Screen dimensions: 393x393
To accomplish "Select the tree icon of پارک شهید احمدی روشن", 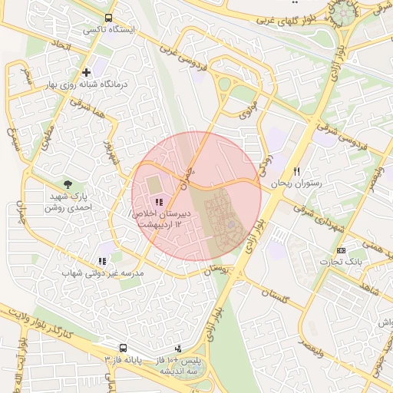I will pyautogui.click(x=68, y=184).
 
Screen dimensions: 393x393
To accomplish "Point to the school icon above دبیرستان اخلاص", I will pyautogui.click(x=158, y=201).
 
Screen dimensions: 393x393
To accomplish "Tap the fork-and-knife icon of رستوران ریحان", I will pyautogui.click(x=296, y=172).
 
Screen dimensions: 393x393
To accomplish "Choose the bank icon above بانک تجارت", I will pyautogui.click(x=342, y=250).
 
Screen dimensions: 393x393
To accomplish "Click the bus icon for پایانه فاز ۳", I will pyautogui.click(x=123, y=348).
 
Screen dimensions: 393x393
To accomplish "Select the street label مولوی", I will pyautogui.click(x=246, y=114).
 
